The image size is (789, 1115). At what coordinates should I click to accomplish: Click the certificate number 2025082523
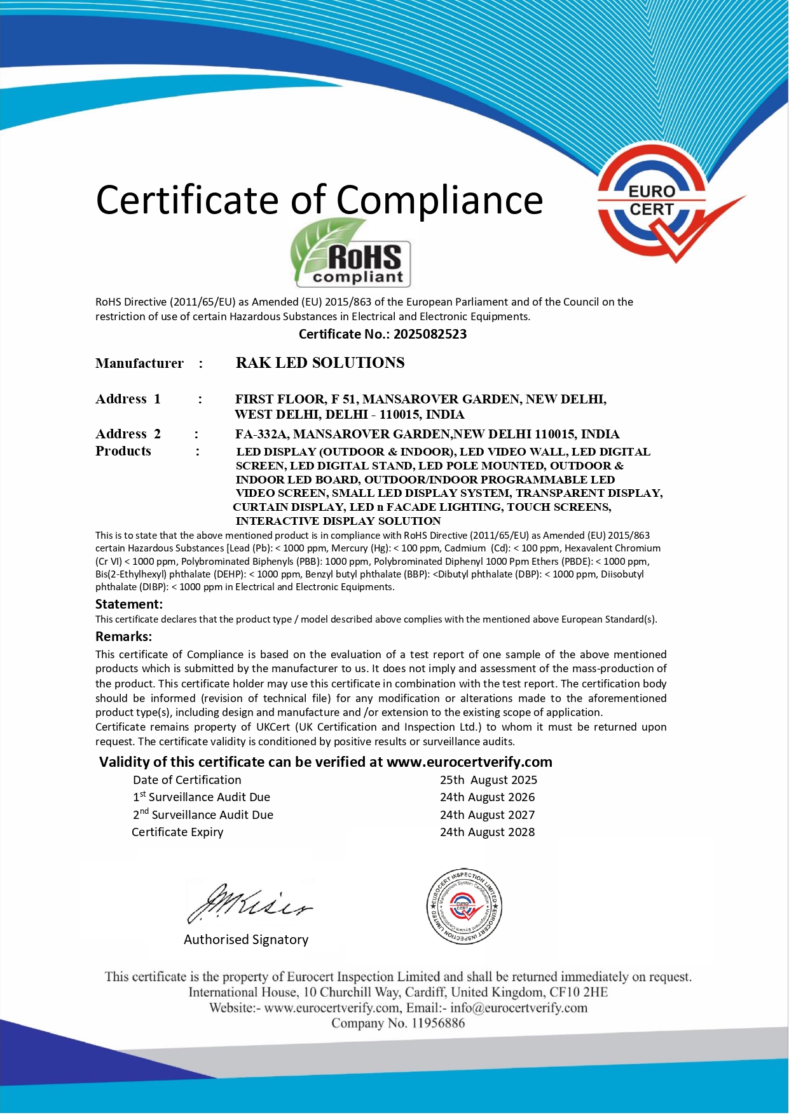pos(430,334)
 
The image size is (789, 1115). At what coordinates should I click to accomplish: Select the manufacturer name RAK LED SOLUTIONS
pos(320,363)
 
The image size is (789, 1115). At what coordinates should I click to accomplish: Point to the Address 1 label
pos(128,399)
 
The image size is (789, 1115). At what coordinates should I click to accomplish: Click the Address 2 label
pos(128,434)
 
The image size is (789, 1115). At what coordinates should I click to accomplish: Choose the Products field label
pos(123,451)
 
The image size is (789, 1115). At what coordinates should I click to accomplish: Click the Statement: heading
pos(129,604)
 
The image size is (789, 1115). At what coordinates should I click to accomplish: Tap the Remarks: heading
pos(124,637)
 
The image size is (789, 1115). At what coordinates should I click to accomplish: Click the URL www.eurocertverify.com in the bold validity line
pos(469,762)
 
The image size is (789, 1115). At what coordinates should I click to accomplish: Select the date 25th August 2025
pos(488,780)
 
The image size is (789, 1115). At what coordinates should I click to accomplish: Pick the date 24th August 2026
pos(487,797)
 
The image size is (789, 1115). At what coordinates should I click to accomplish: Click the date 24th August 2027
pos(487,815)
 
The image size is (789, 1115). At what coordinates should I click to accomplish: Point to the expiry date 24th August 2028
pos(487,832)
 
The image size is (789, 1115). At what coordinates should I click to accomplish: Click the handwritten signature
pos(248,903)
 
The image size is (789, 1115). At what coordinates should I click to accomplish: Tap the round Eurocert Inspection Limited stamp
pos(464,907)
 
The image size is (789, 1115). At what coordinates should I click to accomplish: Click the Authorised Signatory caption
pos(246,940)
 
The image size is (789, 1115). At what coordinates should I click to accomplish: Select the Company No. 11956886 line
pos(398,1024)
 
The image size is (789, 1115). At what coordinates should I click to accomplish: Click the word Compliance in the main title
pos(439,200)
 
